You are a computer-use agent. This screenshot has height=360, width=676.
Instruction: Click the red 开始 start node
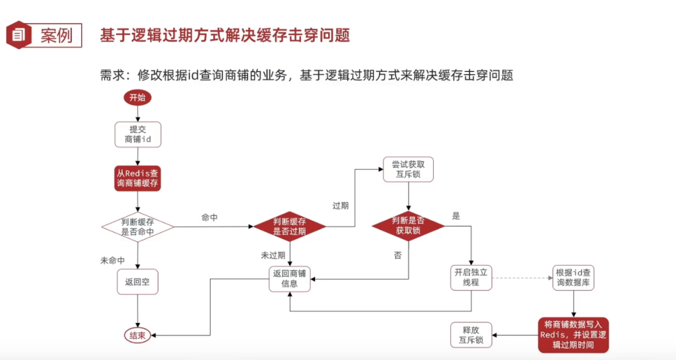point(137,98)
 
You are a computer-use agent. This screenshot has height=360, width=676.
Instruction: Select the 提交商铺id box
point(137,134)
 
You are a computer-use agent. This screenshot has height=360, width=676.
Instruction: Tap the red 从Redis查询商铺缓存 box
point(137,178)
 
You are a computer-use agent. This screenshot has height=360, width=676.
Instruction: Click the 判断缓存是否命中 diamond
point(137,227)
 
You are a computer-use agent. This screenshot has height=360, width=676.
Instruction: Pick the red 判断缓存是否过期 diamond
point(290,227)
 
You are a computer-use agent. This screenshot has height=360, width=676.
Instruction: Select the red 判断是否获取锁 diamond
point(407,226)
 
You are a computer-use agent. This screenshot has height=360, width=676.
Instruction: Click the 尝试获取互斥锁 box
point(407,170)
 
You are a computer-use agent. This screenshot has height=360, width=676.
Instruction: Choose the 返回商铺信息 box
point(290,278)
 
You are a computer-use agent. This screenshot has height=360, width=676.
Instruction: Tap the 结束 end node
point(137,336)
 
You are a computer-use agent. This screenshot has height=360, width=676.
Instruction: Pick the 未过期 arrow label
point(273,255)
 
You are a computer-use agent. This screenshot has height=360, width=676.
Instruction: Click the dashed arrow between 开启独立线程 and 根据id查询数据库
point(523,277)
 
